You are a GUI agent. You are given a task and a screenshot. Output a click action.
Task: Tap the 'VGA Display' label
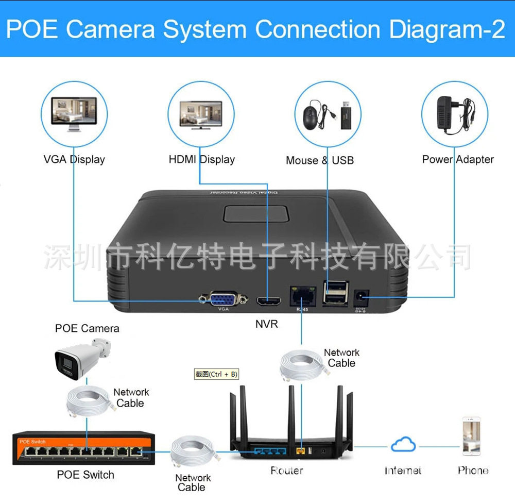(x=74, y=159)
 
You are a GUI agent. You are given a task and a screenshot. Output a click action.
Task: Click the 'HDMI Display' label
(x=201, y=159)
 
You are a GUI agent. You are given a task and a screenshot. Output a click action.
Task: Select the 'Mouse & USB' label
(x=320, y=160)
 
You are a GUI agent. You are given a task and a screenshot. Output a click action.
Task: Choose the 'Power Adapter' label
(x=458, y=159)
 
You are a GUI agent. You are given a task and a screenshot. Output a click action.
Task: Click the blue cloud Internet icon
(x=403, y=444)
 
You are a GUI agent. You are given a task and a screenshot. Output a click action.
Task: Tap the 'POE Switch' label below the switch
(x=85, y=475)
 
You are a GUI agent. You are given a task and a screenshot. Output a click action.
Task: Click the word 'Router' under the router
(x=287, y=471)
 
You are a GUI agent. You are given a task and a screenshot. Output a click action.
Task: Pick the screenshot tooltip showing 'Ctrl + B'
(x=216, y=374)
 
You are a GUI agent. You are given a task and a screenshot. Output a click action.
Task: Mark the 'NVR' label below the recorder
(x=267, y=324)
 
